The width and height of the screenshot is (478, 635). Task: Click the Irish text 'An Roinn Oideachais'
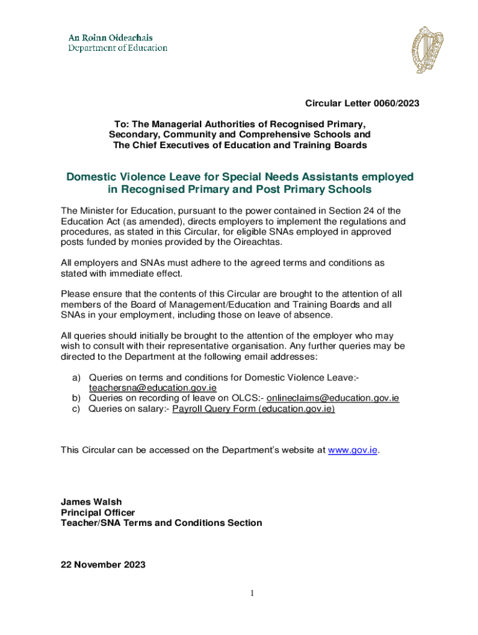click(110, 38)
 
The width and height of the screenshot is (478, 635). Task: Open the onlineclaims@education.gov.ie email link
click(333, 398)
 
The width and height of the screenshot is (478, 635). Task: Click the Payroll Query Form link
click(253, 409)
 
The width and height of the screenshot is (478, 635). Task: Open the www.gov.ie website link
click(353, 450)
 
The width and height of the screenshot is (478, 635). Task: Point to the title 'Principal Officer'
click(97, 512)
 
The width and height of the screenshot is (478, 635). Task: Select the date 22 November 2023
click(103, 564)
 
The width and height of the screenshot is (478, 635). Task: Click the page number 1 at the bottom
click(253, 594)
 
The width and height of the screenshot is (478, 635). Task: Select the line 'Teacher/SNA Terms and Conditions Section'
click(161, 523)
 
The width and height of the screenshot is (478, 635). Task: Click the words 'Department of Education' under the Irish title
click(117, 48)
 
